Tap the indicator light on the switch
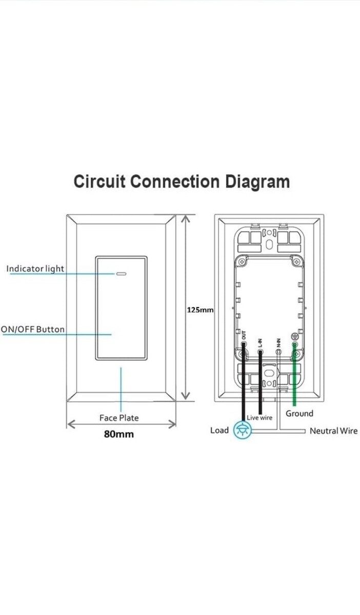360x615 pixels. (x=122, y=273)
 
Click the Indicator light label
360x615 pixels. (x=35, y=269)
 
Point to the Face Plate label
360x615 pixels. (x=119, y=418)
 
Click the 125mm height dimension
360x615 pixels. (x=200, y=310)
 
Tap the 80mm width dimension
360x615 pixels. (x=119, y=434)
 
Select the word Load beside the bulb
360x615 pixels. (x=219, y=430)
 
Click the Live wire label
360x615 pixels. (x=259, y=418)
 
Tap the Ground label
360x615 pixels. (x=299, y=414)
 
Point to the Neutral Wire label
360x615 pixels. (x=333, y=431)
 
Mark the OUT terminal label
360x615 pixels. (x=244, y=340)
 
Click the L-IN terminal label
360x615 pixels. (x=261, y=340)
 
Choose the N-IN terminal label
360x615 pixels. (x=278, y=341)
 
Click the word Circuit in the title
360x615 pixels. (x=99, y=182)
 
